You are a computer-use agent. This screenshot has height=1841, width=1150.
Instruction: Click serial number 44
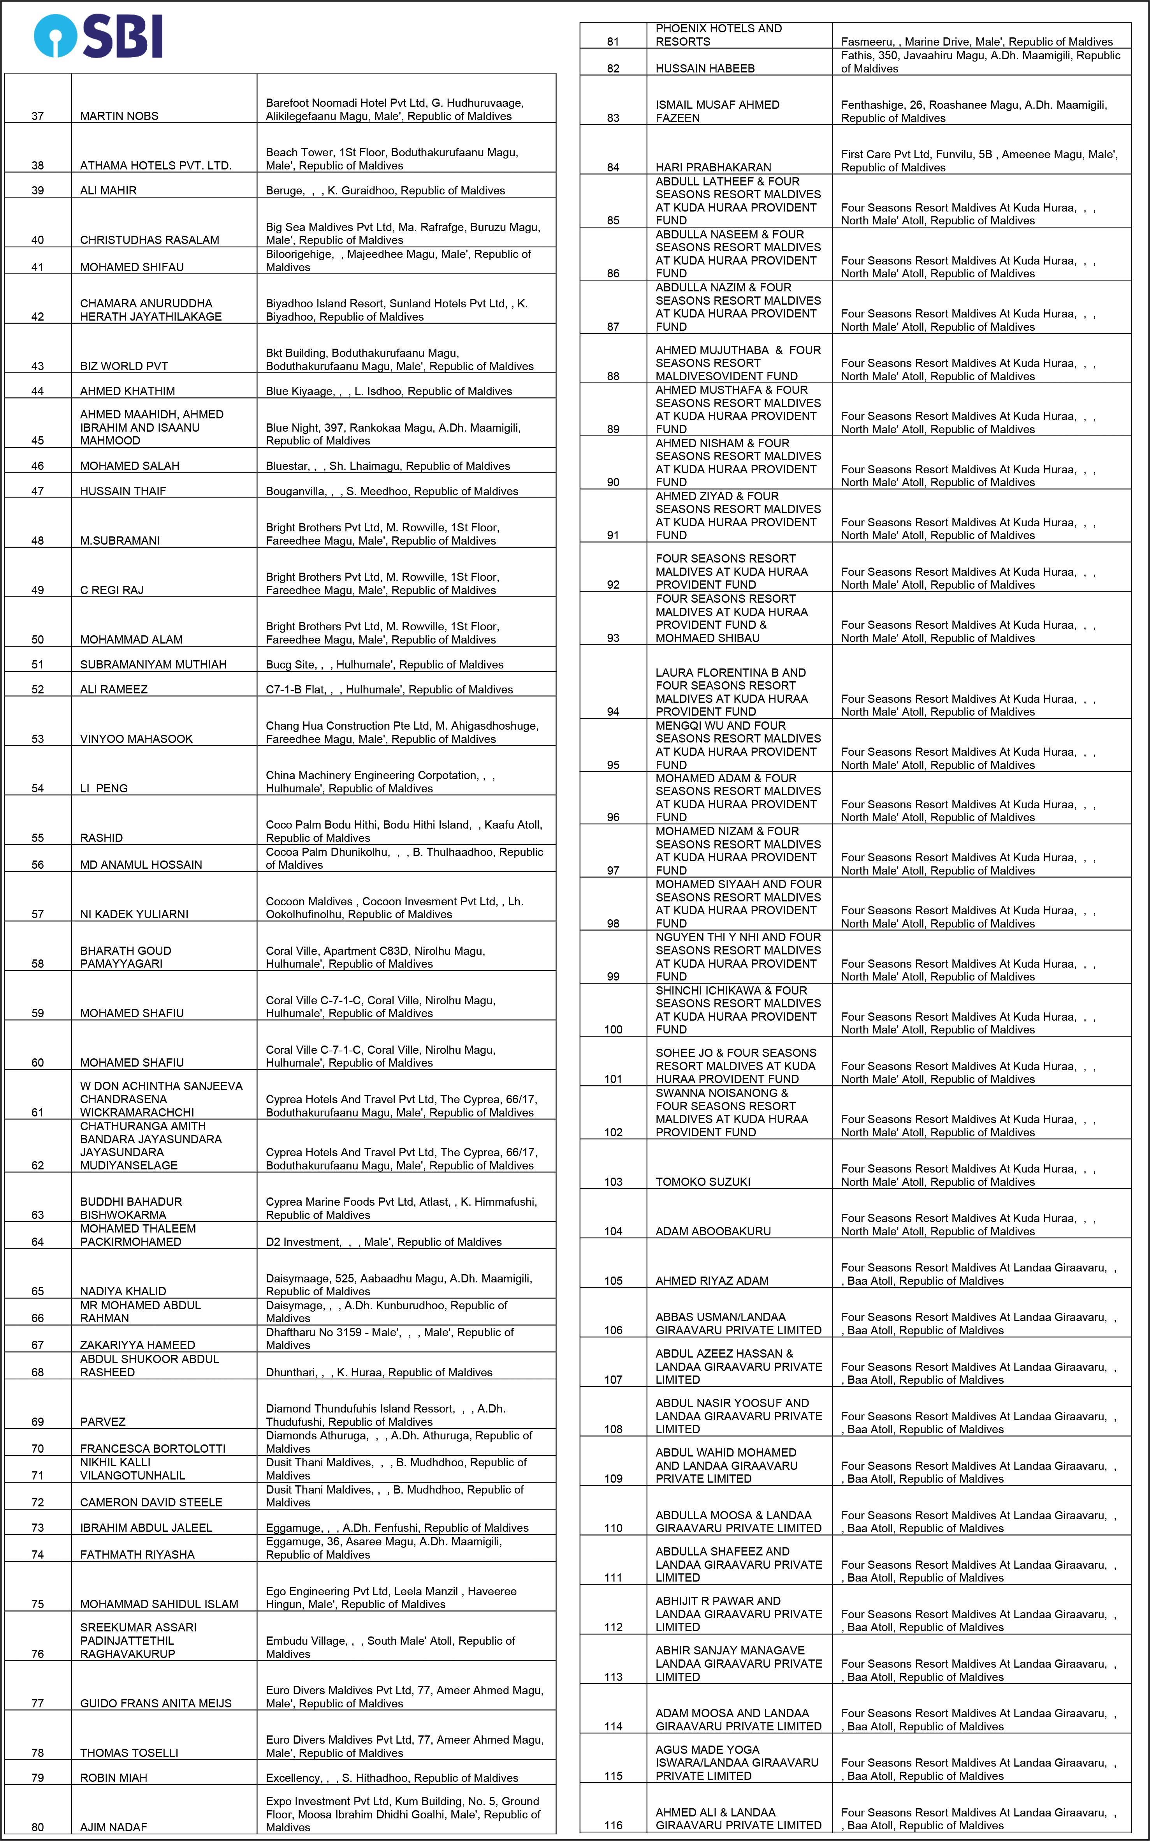(37, 391)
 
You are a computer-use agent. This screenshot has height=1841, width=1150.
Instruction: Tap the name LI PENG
(104, 788)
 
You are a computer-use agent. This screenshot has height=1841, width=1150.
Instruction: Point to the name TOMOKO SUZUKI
(703, 1182)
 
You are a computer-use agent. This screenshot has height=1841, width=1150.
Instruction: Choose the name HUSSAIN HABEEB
(705, 69)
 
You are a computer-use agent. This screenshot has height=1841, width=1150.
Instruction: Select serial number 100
(613, 1030)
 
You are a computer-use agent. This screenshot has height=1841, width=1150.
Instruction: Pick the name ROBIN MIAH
(114, 1778)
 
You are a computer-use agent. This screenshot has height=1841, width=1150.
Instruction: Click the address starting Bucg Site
(384, 665)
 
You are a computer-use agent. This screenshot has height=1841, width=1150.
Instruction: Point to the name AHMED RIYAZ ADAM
(712, 1281)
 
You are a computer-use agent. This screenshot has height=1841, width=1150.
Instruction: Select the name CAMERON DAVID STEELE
(151, 1502)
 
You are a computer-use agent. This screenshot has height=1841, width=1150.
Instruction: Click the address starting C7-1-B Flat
(389, 689)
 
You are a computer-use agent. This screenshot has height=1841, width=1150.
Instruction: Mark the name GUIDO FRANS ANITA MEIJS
(156, 1703)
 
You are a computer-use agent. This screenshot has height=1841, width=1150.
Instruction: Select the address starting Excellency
(392, 1778)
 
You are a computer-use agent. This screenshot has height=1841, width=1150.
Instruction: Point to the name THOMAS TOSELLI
(129, 1753)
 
